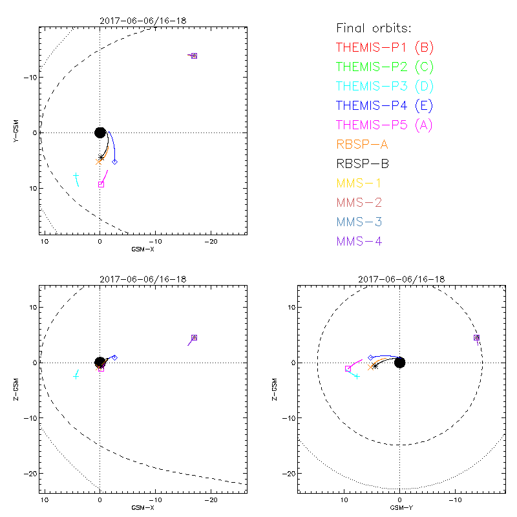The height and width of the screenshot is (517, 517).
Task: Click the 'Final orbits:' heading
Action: point(374,28)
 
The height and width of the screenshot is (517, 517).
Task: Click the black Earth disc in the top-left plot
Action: point(100,132)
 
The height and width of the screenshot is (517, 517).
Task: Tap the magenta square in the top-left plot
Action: point(101,184)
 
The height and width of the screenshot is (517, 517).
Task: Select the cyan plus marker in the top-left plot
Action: point(76,176)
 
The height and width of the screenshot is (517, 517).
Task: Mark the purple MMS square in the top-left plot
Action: point(194,56)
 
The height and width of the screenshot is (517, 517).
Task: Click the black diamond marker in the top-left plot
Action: point(114,162)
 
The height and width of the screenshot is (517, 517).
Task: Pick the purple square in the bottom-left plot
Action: point(194,338)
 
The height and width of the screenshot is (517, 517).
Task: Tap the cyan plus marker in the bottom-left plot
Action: point(76,375)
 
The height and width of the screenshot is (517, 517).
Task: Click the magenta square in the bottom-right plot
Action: point(348,368)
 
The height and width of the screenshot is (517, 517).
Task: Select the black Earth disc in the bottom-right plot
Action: point(399,363)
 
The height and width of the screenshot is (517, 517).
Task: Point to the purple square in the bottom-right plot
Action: point(476,337)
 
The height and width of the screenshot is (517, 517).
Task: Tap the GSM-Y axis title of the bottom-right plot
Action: point(399,508)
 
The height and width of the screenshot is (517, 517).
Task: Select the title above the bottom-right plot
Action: point(399,279)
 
